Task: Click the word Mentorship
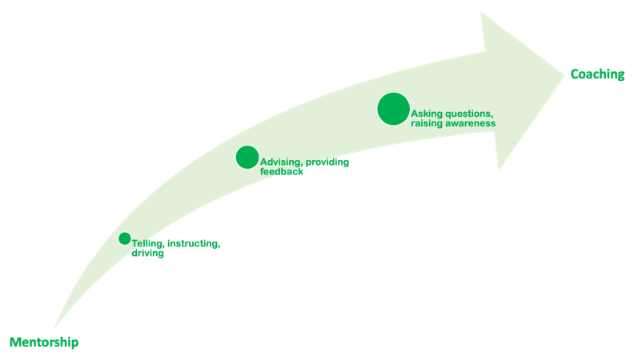click(44, 342)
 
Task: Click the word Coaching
click(597, 74)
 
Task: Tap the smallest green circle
click(125, 238)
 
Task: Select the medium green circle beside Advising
click(247, 157)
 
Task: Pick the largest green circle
click(393, 109)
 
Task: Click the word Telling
click(148, 244)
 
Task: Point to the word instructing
click(194, 244)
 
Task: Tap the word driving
click(147, 254)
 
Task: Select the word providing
click(327, 162)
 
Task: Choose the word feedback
click(282, 172)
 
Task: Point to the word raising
click(427, 123)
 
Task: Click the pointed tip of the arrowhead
click(564, 75)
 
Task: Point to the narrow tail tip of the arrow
click(54, 329)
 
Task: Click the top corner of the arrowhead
click(481, 13)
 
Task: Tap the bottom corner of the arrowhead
click(499, 170)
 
